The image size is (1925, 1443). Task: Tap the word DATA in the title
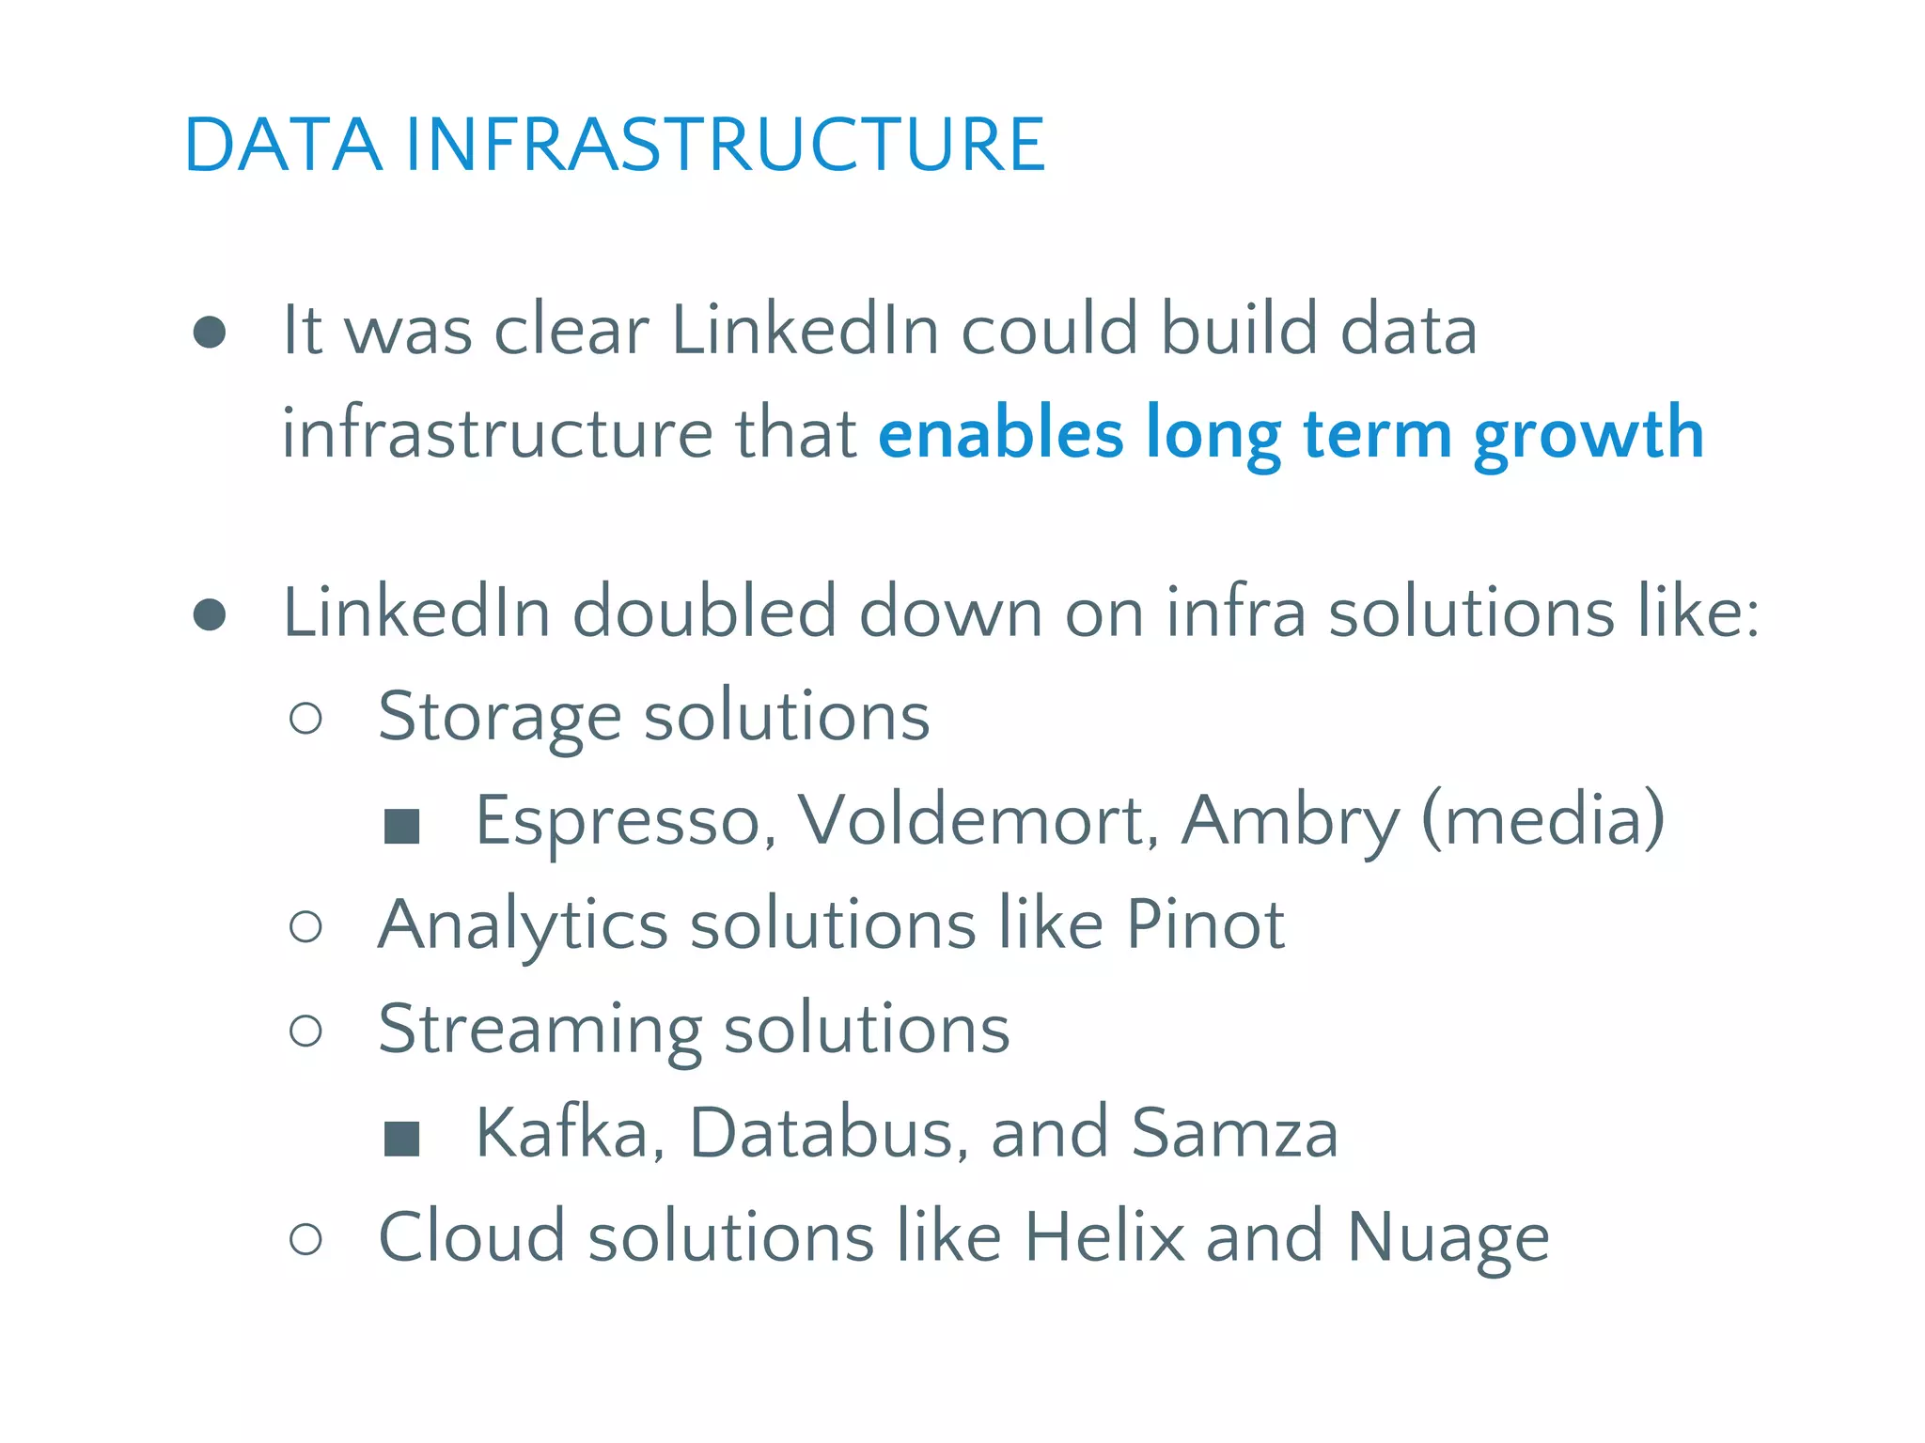point(283,145)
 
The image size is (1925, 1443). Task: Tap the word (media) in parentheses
point(1543,820)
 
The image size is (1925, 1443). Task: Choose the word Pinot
point(1205,924)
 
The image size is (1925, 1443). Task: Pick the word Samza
point(1234,1134)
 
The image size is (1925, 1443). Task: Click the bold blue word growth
point(1589,436)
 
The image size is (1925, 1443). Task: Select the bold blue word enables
point(1000,434)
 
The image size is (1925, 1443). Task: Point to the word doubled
point(704,613)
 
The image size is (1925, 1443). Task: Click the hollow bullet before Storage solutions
point(306,719)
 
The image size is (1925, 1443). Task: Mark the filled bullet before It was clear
point(210,332)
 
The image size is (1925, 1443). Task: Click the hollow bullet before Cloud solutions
point(306,1239)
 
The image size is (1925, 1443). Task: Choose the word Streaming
point(540,1031)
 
